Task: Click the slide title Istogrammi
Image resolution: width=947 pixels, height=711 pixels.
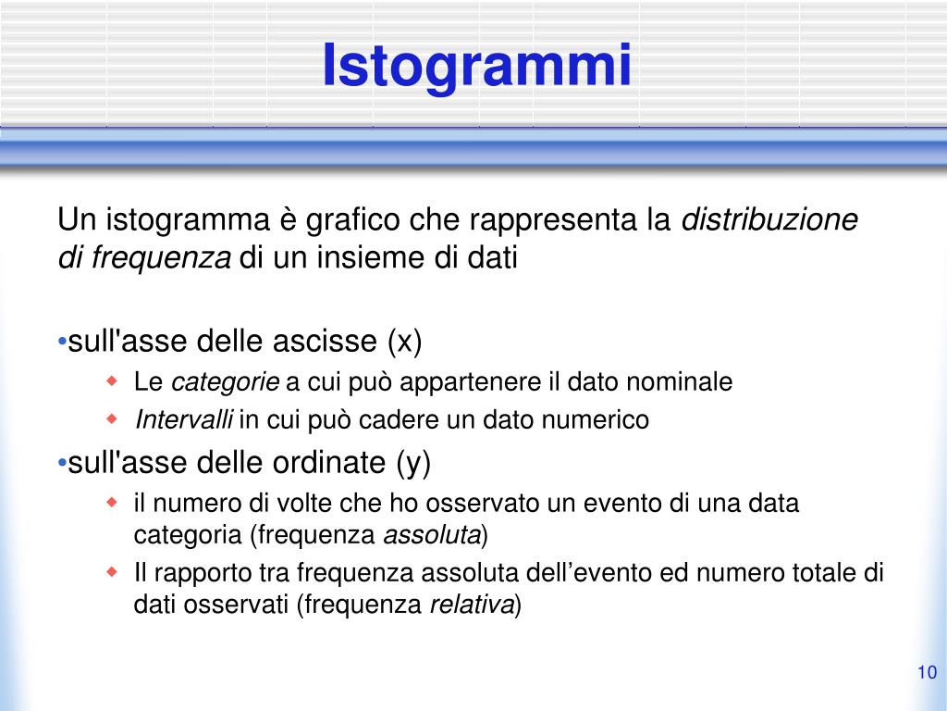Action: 477,67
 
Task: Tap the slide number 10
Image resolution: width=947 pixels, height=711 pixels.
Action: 927,672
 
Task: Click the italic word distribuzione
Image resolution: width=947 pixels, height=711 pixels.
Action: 769,220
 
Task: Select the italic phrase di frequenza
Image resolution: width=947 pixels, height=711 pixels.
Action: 144,258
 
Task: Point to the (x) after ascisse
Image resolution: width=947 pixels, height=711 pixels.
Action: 404,343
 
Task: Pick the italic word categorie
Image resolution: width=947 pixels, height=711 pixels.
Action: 226,381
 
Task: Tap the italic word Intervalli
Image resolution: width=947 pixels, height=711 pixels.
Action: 184,420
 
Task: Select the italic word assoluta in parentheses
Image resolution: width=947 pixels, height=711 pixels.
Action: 432,535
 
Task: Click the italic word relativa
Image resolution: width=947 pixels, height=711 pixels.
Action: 472,605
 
